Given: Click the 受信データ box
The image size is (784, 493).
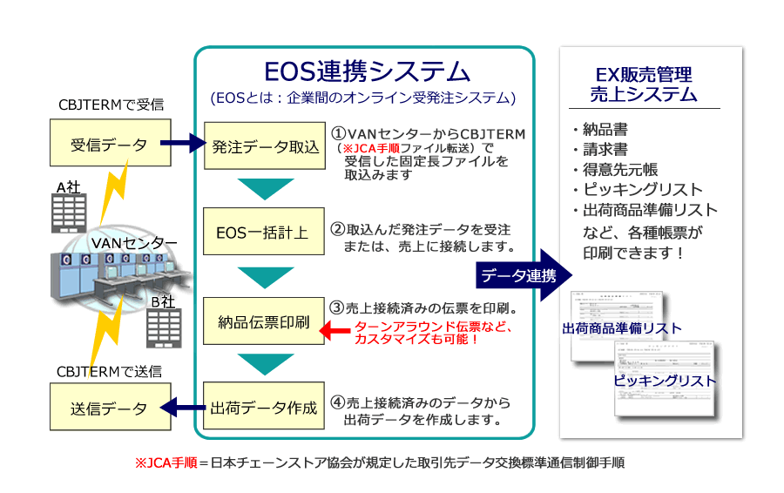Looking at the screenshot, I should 109,144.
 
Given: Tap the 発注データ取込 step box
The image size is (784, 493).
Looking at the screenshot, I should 266,145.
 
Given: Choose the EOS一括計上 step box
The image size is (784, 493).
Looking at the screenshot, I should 266,232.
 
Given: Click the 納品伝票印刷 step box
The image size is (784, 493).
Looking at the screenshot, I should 266,322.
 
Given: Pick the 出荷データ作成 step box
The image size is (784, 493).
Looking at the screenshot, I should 266,407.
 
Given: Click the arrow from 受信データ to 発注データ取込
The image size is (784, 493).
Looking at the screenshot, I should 186,144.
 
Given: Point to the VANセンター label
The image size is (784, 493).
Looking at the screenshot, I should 135,243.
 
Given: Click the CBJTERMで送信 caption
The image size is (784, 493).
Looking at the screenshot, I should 109,371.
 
